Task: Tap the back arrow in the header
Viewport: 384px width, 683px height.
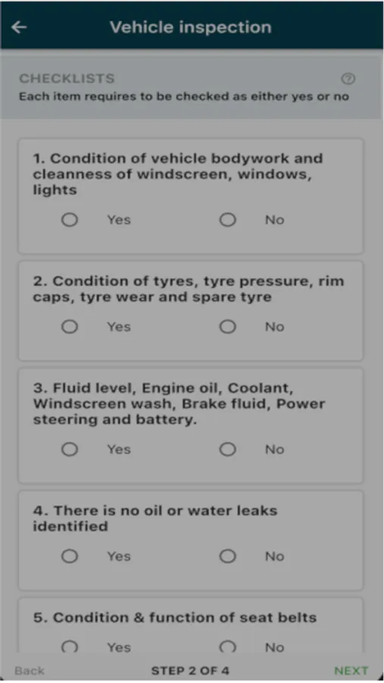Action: point(19,27)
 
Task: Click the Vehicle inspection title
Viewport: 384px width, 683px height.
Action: point(190,27)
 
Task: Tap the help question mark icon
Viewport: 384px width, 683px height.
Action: point(348,79)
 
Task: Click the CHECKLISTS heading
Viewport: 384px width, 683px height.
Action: point(67,78)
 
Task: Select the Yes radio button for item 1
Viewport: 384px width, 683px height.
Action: point(70,219)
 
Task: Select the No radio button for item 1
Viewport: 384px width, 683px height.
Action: point(227,219)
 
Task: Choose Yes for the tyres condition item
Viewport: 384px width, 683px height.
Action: point(70,326)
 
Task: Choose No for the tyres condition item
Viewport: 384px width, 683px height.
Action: point(227,326)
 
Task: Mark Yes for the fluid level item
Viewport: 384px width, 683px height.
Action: point(70,449)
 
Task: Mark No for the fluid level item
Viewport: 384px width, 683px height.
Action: point(227,449)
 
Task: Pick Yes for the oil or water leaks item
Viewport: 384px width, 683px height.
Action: point(70,556)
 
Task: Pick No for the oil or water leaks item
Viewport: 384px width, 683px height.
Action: point(227,556)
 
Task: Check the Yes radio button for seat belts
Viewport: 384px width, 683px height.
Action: point(70,647)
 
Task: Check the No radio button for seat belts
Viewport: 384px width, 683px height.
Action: point(227,647)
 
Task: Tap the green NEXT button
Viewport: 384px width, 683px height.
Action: point(351,671)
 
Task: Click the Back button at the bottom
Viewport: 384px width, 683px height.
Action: point(30,671)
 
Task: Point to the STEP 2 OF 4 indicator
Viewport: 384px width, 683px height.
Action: point(190,671)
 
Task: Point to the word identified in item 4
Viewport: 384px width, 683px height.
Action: point(70,526)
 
